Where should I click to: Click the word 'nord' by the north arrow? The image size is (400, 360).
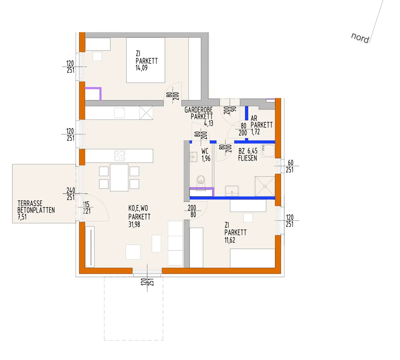(x=360, y=38)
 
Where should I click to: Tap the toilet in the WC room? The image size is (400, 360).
(x=201, y=181)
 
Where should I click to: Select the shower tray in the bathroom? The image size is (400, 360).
(x=265, y=186)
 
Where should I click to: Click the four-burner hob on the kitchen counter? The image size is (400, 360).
(x=119, y=156)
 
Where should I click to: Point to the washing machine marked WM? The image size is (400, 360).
(x=268, y=151)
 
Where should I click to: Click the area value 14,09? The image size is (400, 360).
(x=142, y=68)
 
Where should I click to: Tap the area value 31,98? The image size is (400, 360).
(x=134, y=225)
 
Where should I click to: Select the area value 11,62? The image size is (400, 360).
(x=230, y=240)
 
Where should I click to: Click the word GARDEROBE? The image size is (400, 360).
(x=199, y=110)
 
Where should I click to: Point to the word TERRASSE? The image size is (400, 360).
(x=30, y=203)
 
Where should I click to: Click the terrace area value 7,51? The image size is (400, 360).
(x=22, y=217)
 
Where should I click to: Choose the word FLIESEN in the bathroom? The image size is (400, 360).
(x=247, y=158)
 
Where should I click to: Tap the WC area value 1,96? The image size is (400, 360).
(x=206, y=159)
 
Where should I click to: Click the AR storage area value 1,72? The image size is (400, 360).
(x=255, y=132)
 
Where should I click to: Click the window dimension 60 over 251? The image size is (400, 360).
(x=290, y=166)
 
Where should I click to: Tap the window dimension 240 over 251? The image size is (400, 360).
(x=71, y=194)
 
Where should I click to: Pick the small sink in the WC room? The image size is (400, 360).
(x=193, y=157)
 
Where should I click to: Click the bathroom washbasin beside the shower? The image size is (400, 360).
(x=232, y=191)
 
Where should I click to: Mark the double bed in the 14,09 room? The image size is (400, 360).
(x=146, y=60)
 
